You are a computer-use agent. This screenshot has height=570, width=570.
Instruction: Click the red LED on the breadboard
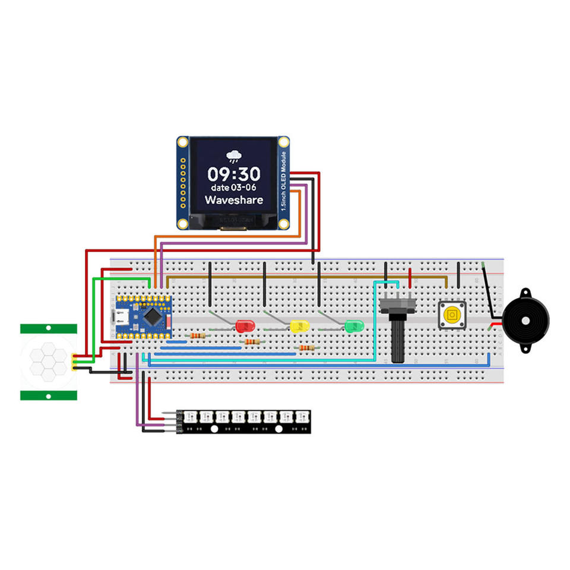244,325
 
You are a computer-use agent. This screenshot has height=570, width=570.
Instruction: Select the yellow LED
300,325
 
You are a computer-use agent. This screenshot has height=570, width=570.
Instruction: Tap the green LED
354,325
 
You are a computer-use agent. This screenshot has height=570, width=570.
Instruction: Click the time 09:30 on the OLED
233,174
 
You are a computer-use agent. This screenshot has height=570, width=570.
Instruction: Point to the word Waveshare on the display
234,200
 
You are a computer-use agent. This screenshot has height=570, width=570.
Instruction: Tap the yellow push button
452,315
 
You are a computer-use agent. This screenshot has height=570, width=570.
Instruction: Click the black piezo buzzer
526,320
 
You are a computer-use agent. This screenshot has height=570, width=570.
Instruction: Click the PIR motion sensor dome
49,362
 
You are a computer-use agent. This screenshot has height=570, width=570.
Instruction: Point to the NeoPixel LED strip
243,422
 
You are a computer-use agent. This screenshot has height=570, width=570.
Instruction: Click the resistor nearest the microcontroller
195,336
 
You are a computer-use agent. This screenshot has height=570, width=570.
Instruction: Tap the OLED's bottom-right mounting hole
284,224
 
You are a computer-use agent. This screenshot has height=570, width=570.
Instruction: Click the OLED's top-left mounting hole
183,142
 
